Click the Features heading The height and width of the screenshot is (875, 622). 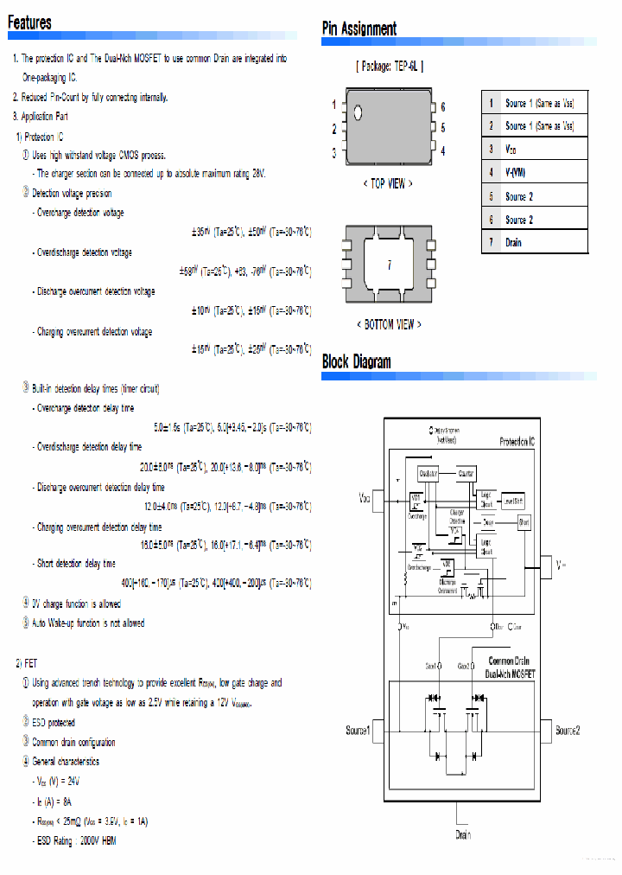click(29, 23)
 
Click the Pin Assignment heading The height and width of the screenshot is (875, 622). click(359, 29)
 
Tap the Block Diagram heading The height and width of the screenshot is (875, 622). click(356, 361)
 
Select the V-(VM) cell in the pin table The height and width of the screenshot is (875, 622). click(515, 173)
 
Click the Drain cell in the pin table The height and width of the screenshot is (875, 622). click(513, 243)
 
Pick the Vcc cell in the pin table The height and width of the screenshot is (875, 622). click(511, 150)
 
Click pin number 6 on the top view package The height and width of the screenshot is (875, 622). click(442, 107)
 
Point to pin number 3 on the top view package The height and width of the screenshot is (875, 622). click(334, 153)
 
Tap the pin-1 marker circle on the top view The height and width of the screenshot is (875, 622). click(359, 112)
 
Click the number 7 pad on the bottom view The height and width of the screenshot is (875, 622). click(389, 266)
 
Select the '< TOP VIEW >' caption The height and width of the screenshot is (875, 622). click(388, 184)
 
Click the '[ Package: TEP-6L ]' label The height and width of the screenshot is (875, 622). click(389, 67)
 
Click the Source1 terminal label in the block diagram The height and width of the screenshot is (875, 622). click(359, 731)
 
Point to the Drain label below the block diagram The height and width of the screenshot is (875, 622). click(463, 835)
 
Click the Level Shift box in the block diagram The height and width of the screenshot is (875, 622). click(513, 501)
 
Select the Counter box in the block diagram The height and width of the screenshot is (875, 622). click(466, 474)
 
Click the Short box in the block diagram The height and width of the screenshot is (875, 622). click(524, 522)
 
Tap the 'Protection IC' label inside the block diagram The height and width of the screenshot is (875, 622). click(521, 442)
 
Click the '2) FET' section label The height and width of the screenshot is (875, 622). click(27, 663)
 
